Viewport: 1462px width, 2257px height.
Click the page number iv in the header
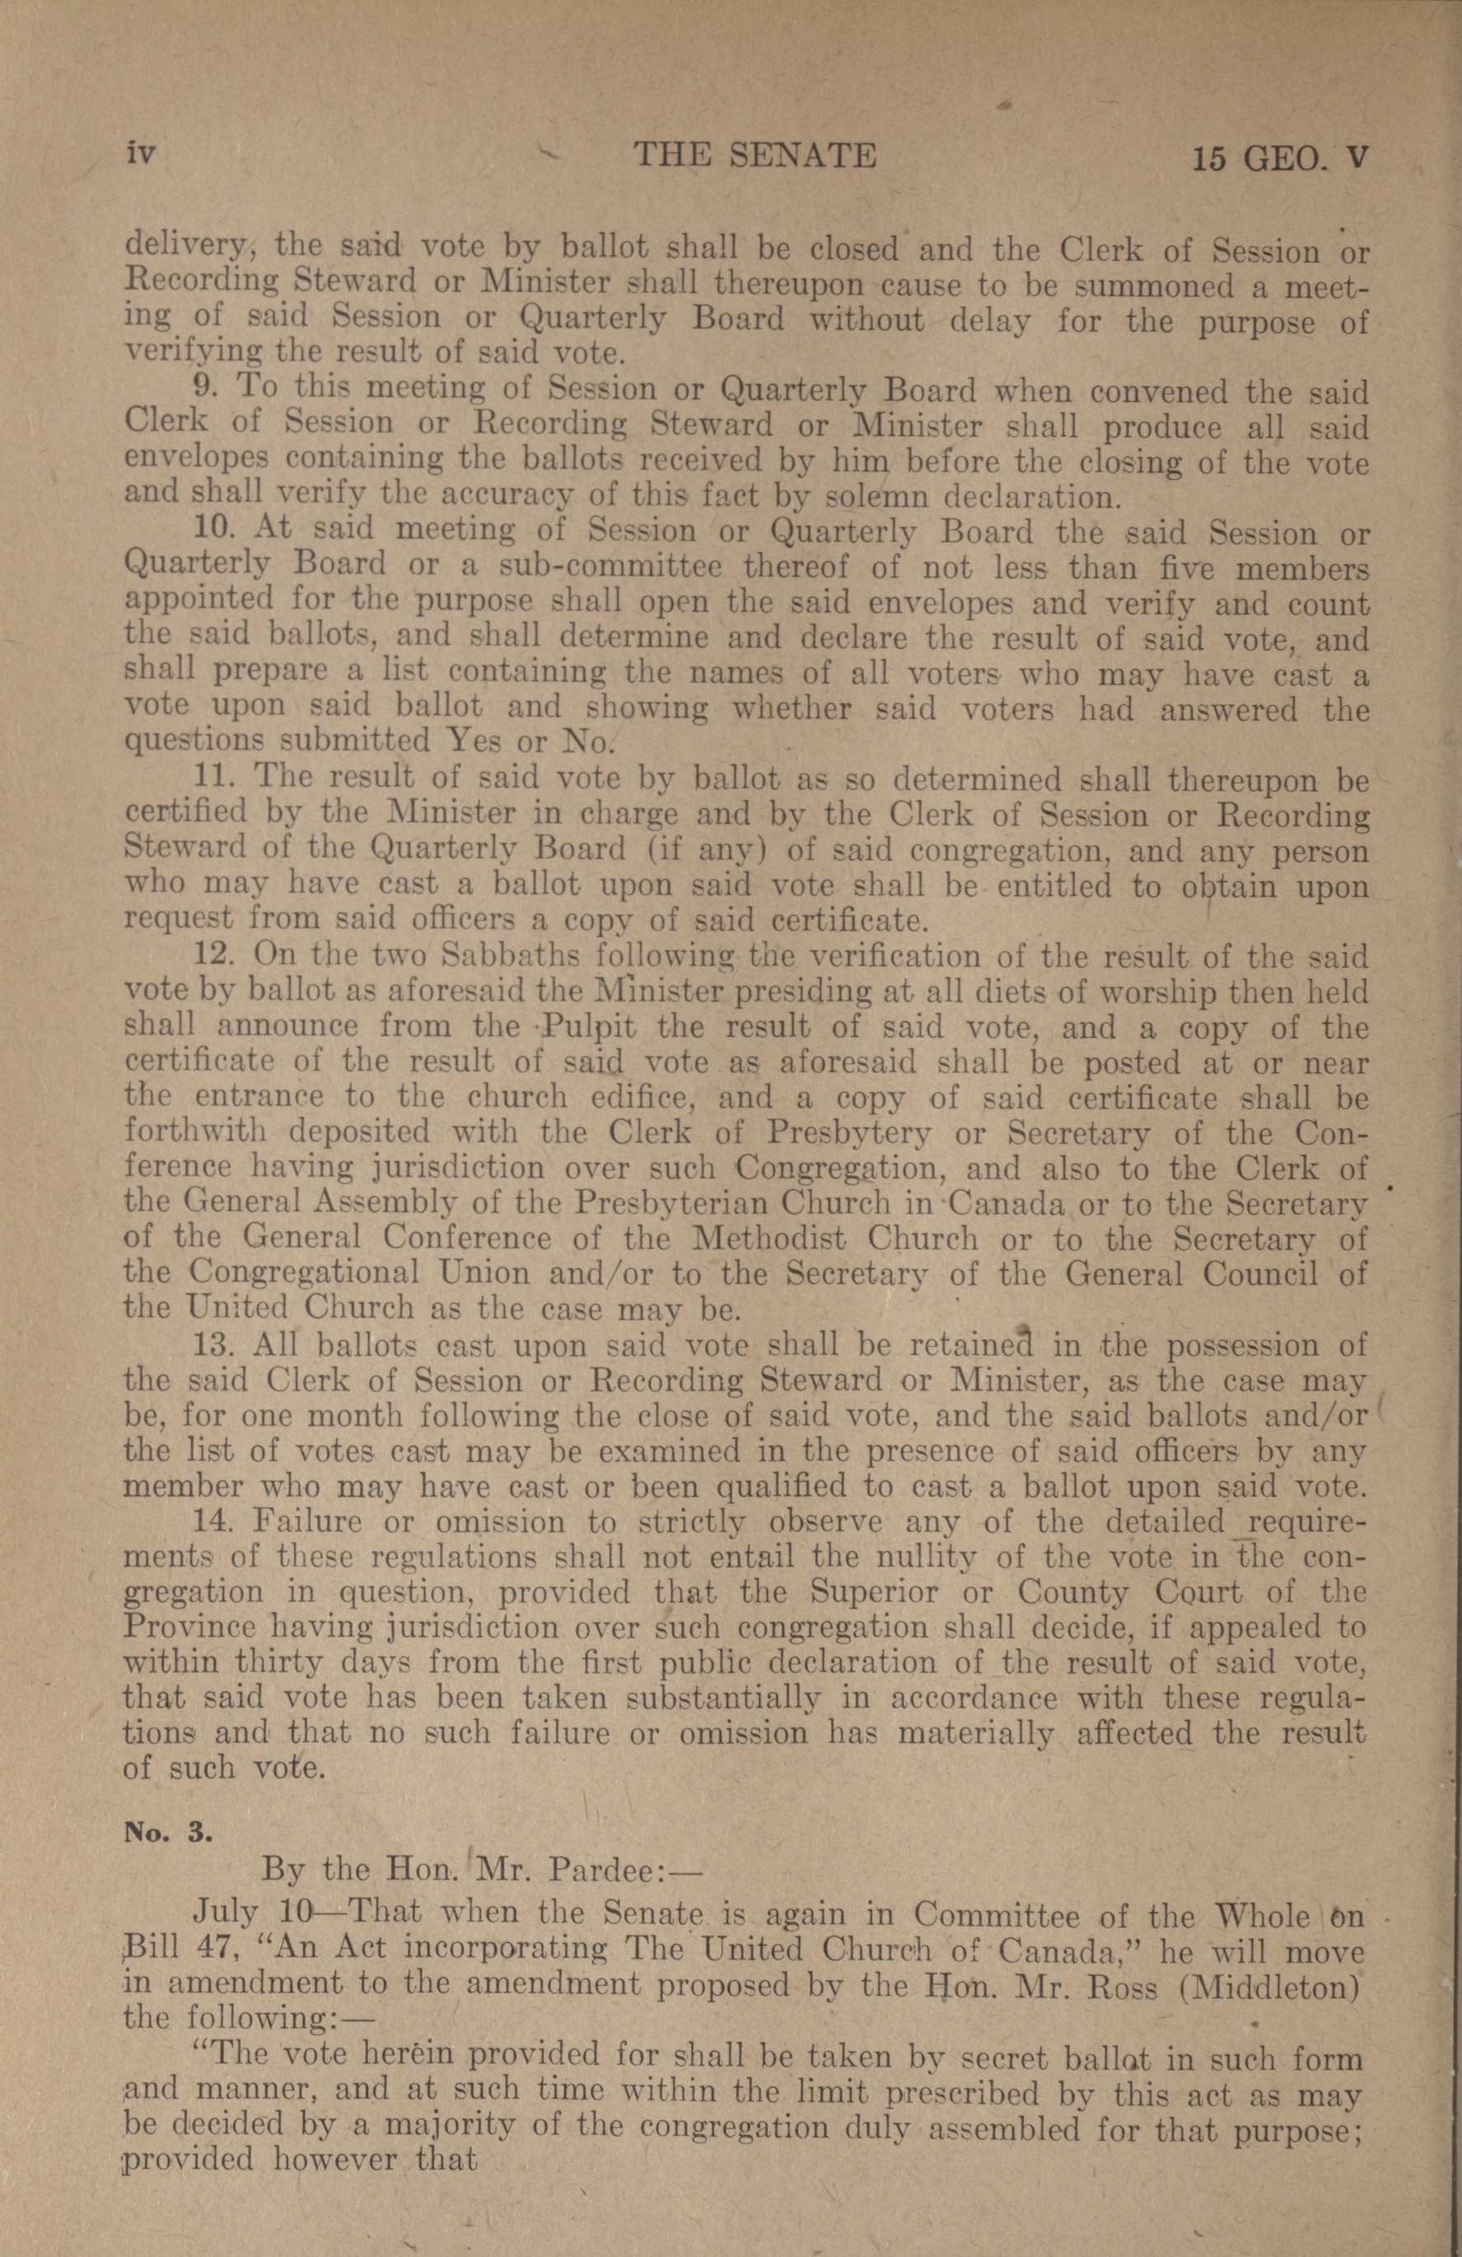(139, 154)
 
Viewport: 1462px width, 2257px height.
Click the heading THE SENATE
(754, 155)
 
